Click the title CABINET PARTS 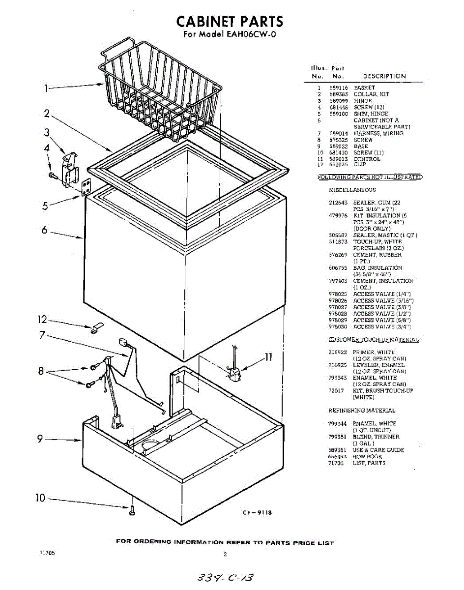(230, 21)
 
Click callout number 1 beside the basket (46, 89)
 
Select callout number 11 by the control (268, 357)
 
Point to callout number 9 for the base (40, 439)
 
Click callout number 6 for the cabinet (44, 230)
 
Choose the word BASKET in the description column (364, 88)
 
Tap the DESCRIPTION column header (384, 76)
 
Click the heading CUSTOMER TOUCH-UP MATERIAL (374, 340)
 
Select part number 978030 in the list (338, 326)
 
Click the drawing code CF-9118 (257, 513)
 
